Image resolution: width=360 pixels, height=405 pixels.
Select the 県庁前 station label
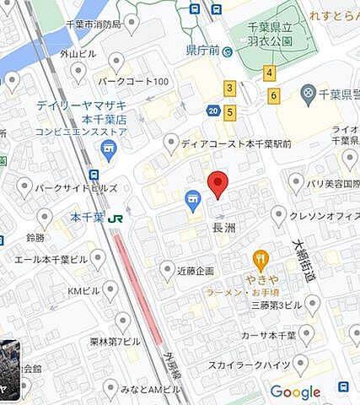[202, 51]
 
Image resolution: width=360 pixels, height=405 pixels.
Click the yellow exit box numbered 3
[229, 88]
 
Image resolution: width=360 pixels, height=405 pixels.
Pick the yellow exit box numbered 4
[269, 73]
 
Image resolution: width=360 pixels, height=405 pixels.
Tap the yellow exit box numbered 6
[274, 95]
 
